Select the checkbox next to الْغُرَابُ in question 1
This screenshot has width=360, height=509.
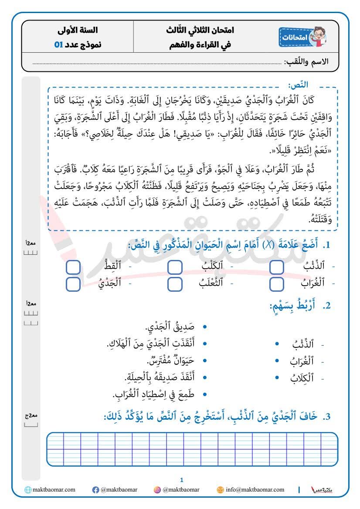276,284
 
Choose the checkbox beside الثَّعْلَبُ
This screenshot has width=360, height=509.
175,284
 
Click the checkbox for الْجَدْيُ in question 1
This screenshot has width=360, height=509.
73,284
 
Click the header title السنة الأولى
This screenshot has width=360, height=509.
78,31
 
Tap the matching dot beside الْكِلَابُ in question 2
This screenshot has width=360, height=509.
277,378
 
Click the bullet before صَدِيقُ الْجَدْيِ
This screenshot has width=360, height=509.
205,327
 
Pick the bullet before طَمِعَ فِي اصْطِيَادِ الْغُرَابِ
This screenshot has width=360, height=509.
205,394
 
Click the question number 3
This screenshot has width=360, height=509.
328,416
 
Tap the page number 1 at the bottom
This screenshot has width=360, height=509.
181,480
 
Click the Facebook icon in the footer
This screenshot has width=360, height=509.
95,490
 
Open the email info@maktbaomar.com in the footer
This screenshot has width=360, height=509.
255,490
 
